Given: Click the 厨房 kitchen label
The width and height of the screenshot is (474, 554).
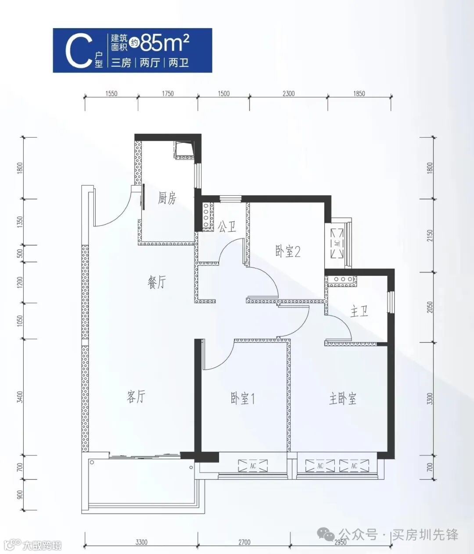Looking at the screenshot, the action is click(x=167, y=199).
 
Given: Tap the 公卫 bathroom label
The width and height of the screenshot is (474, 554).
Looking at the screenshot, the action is click(x=227, y=227).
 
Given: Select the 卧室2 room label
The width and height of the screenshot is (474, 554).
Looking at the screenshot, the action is click(x=287, y=252).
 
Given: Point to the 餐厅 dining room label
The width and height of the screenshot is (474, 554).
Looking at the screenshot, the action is click(x=157, y=282).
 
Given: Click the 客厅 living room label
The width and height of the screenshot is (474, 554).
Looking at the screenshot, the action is click(x=136, y=397).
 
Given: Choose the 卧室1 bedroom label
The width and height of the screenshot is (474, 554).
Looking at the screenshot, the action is click(x=243, y=399).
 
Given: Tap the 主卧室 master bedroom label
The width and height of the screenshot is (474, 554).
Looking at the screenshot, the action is click(x=343, y=399).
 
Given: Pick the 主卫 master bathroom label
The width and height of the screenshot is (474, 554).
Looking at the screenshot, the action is click(x=359, y=311).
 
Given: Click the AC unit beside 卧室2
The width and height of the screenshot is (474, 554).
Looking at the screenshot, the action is click(x=337, y=243).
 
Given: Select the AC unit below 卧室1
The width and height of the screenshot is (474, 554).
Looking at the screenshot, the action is click(x=253, y=465).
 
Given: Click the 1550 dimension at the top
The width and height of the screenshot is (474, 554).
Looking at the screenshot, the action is click(x=111, y=93).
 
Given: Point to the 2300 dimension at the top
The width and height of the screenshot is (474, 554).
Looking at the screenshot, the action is click(x=288, y=93).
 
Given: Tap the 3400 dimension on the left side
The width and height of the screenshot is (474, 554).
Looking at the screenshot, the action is click(x=20, y=397).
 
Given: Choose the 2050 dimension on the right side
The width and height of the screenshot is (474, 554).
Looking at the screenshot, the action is click(x=430, y=307).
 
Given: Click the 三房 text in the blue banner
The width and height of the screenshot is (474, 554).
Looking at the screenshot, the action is click(x=121, y=63).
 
